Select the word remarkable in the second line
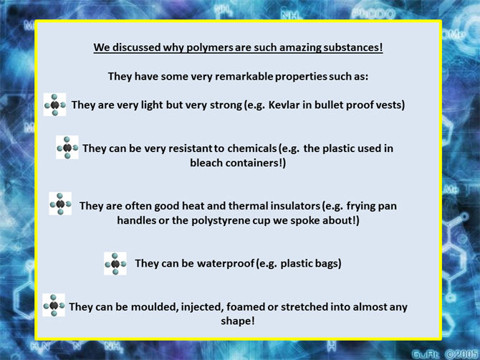244,76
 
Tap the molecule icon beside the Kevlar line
54,105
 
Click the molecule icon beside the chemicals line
67,148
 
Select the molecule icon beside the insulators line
60,204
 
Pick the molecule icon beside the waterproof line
115,263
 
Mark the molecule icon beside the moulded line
54,305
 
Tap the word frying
362,206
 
